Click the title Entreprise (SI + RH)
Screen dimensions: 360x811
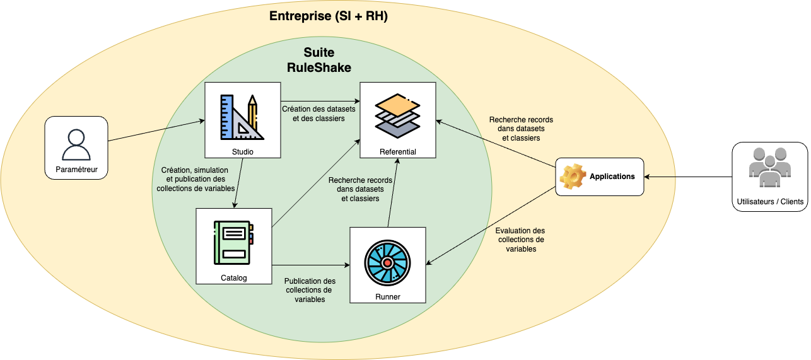coord(328,16)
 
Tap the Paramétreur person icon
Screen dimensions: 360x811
coord(76,144)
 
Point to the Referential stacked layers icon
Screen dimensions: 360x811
coord(397,113)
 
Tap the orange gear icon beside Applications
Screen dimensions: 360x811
coord(573,177)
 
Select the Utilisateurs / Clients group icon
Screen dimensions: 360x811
coord(769,169)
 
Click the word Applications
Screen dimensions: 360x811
coord(612,177)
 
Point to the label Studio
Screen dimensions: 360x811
coord(243,152)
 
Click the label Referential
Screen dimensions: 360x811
coord(397,152)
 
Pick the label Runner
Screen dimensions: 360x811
coord(387,297)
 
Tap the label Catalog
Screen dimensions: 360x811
coord(233,277)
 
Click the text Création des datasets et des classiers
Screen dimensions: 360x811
coord(318,113)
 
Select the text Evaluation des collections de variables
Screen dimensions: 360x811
coord(520,240)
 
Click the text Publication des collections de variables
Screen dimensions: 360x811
coord(310,290)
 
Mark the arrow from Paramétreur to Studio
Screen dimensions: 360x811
coord(157,130)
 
